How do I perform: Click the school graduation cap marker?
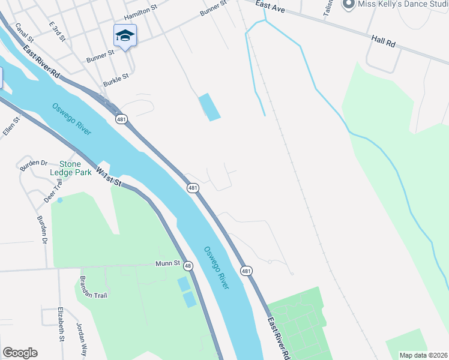click(x=125, y=36)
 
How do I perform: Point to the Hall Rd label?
click(x=384, y=41)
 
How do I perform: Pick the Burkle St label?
click(x=116, y=79)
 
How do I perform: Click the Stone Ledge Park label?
click(x=75, y=168)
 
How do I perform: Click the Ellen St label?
click(x=11, y=127)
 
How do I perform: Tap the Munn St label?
click(x=169, y=263)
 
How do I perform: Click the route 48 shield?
click(x=188, y=266)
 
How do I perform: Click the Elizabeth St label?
click(x=61, y=325)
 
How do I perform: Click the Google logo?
click(x=20, y=353)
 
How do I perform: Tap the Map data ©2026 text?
click(x=423, y=355)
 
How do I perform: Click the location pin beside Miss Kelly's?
click(x=348, y=4)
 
